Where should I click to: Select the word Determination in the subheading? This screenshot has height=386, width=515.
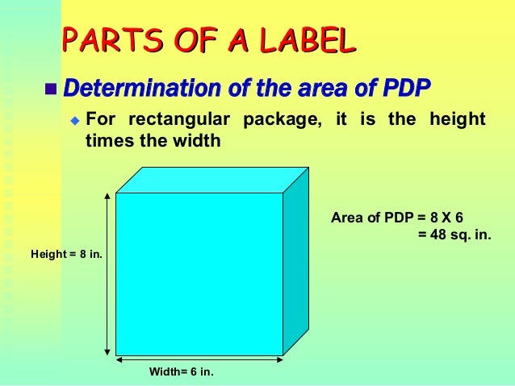click(x=132, y=85)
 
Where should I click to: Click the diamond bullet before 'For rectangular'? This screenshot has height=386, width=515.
click(x=74, y=122)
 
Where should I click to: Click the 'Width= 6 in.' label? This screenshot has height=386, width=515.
click(x=182, y=371)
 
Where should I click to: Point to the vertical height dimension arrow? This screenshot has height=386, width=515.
click(x=107, y=274)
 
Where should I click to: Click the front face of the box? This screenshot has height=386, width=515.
click(x=199, y=273)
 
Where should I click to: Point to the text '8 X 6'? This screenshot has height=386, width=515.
click(x=451, y=218)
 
